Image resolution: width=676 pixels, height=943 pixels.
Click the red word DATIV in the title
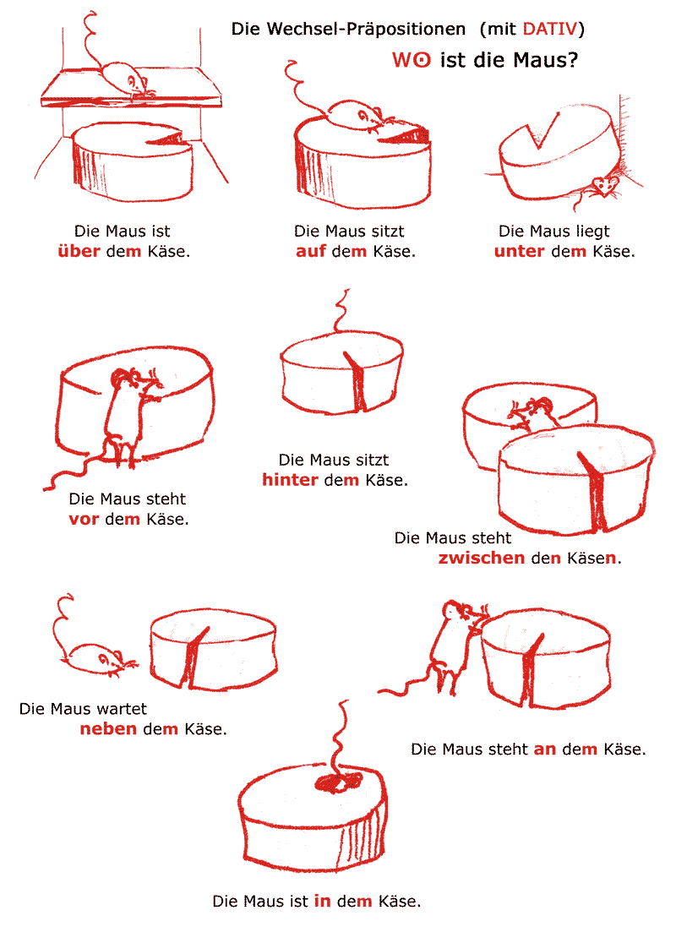coord(550,29)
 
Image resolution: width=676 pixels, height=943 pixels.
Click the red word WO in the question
coord(412,60)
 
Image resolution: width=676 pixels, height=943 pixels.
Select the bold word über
coord(79,251)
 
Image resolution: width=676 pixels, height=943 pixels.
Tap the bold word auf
coord(310,251)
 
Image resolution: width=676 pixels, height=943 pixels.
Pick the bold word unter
coord(519,252)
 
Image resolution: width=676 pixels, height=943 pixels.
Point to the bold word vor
coord(84,519)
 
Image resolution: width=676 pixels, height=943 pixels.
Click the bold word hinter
coord(290,479)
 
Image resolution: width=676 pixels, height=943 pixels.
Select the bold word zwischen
coord(481,558)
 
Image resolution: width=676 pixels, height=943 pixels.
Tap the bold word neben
coord(108,728)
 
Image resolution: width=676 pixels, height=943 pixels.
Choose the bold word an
coord(545,749)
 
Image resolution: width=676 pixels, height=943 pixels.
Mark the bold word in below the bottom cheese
coord(322,901)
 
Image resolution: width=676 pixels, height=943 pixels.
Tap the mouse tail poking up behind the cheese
coord(341,310)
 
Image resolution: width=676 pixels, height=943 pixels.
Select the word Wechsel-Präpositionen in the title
coord(365,29)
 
